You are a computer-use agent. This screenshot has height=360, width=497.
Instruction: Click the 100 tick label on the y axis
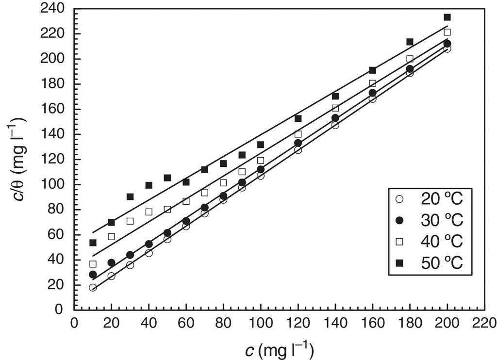pos(54,184)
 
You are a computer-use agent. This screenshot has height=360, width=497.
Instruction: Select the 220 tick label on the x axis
pos(484,323)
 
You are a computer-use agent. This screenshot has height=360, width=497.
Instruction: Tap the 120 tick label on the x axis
pos(298,323)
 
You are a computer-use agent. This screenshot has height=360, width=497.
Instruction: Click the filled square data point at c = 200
pos(447,17)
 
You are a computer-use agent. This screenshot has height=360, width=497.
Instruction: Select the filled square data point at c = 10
pos(93,243)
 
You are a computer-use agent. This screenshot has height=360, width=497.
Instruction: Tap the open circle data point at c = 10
pos(93,288)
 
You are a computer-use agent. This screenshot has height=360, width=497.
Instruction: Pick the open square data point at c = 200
pos(447,32)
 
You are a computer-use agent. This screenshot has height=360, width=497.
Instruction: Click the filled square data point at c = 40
pos(149,185)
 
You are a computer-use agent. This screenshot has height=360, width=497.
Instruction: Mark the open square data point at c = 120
pos(298,134)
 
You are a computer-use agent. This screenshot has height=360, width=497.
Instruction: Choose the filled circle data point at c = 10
pos(93,275)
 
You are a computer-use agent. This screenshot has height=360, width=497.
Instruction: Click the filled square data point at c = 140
pos(335,96)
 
